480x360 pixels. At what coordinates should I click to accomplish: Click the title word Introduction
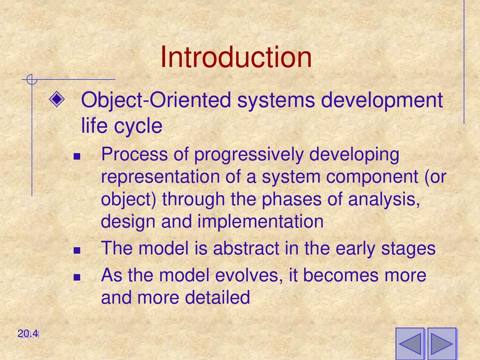236,57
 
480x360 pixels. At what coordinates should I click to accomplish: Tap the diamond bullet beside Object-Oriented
57,99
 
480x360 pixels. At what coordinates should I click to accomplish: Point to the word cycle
138,127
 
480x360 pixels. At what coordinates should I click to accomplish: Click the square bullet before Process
77,157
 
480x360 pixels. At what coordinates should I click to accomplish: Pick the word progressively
249,155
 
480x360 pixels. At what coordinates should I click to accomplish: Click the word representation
160,177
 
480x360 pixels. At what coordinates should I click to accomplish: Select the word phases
292,200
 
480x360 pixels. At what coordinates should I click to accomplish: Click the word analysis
384,200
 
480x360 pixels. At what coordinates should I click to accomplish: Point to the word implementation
261,222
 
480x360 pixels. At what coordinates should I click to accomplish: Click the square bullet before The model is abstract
77,251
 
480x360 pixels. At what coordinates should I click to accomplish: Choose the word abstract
246,248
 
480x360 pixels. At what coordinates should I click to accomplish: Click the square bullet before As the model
77,277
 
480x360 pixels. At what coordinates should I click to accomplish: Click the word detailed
217,297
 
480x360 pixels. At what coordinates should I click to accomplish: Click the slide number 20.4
28,333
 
